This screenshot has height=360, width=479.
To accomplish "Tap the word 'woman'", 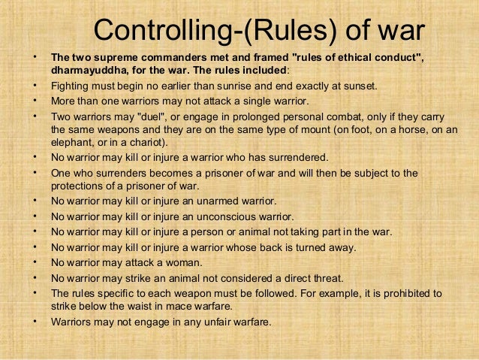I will (x=184, y=262).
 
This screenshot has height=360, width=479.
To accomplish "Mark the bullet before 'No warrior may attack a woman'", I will (x=35, y=262).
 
